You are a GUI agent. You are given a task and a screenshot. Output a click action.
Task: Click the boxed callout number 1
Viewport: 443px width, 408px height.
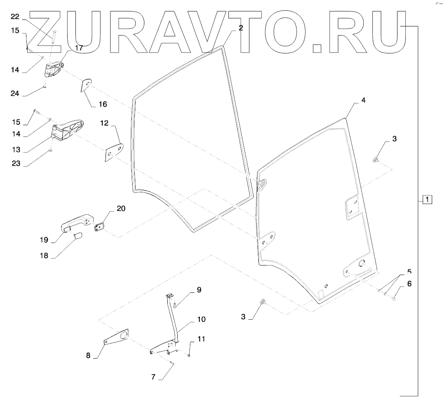click(427, 200)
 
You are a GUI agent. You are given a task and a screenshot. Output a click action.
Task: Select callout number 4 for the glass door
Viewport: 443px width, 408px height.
click(363, 100)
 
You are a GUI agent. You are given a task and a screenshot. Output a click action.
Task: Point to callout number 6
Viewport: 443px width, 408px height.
click(409, 284)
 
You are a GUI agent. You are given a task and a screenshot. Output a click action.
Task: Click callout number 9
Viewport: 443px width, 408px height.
click(199, 290)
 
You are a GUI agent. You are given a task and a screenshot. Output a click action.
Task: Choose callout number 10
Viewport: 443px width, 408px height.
click(201, 320)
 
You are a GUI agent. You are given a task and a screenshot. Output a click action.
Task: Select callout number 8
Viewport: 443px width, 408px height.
click(88, 356)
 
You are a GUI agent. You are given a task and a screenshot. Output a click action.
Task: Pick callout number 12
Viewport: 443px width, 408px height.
click(104, 123)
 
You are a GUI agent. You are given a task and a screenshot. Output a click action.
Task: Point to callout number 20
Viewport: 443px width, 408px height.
click(121, 208)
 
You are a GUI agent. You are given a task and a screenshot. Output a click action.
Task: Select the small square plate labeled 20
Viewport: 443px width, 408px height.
click(100, 227)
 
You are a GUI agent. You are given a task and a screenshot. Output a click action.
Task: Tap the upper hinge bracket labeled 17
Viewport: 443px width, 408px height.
click(54, 70)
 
